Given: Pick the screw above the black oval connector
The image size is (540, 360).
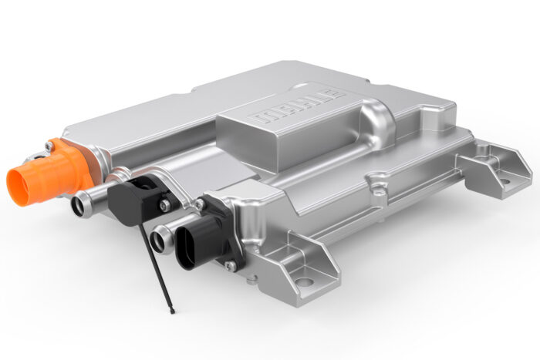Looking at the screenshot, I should coord(200,204).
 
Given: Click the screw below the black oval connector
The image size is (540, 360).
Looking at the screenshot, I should coord(230,266).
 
